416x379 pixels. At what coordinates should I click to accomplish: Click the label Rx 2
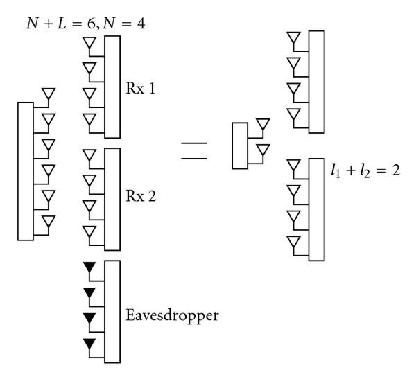pyautogui.click(x=141, y=196)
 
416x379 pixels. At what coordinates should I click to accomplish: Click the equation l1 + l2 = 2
pyautogui.click(x=365, y=169)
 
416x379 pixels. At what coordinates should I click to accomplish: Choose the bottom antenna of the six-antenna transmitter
pyautogui.click(x=48, y=222)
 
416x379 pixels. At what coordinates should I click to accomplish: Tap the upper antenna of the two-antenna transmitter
pyautogui.click(x=262, y=125)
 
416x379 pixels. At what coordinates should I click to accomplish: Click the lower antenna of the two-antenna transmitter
pyautogui.click(x=262, y=150)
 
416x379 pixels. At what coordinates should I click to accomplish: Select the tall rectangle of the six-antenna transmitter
pyautogui.click(x=25, y=170)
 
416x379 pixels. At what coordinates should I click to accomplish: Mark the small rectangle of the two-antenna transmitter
pyautogui.click(x=239, y=145)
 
